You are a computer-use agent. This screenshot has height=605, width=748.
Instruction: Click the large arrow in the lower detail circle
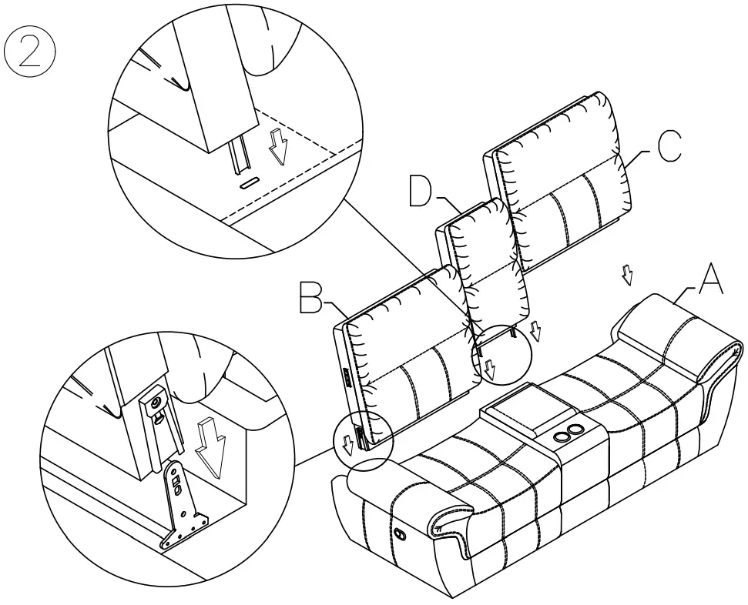coord(209,447)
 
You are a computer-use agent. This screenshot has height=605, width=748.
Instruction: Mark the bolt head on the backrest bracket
coord(155,401)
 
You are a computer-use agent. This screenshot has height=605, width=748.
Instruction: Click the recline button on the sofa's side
coord(399,533)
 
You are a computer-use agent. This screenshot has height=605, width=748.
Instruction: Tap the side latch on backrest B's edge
coord(346,378)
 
